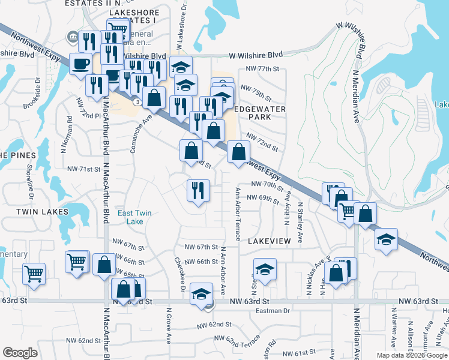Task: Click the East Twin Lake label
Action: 134,217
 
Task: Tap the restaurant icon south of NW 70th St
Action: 197,191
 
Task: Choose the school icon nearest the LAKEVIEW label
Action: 264,270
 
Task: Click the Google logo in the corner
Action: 20,353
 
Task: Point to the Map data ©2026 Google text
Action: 411,355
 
